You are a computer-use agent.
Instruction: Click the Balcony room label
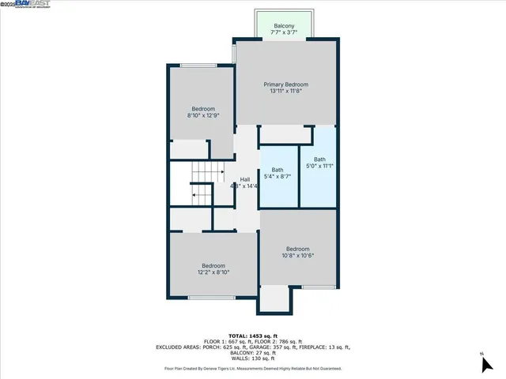(x=284, y=26)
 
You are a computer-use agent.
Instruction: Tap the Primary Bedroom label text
(x=285, y=84)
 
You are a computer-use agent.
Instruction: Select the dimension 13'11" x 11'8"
(x=285, y=91)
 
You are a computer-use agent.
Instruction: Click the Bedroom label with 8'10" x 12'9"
(x=203, y=109)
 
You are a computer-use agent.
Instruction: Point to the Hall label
(x=245, y=179)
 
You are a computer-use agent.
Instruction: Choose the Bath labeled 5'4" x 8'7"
(x=278, y=170)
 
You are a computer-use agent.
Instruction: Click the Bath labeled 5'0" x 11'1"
(x=319, y=159)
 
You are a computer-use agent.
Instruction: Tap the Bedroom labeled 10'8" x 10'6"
(x=298, y=248)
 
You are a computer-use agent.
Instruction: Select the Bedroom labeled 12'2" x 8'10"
(x=213, y=265)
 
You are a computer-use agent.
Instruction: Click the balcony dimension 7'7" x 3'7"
(x=284, y=33)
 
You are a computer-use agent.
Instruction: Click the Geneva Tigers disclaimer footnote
(x=253, y=368)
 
